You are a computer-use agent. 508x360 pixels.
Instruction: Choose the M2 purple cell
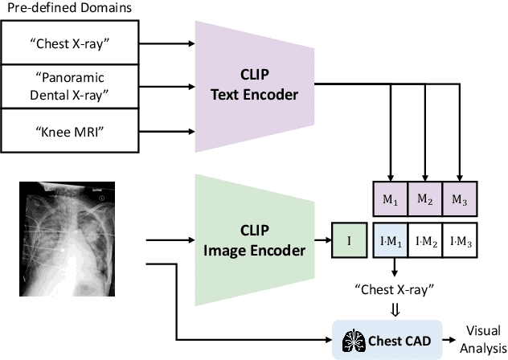click(425, 198)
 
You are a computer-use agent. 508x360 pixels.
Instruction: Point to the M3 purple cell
click(460, 198)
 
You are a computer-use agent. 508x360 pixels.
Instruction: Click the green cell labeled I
click(349, 239)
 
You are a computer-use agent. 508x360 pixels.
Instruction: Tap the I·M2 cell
click(425, 239)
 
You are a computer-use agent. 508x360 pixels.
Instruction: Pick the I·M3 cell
click(460, 239)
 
